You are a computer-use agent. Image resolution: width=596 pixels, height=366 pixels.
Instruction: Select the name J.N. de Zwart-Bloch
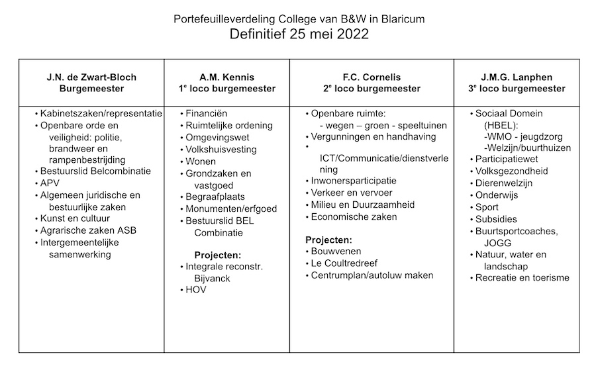91,77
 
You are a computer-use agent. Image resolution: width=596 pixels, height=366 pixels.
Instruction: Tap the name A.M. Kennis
227,77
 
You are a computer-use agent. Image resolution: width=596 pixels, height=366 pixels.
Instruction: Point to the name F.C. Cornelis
372,77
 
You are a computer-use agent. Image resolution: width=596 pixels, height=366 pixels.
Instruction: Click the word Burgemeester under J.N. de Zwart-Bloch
91,89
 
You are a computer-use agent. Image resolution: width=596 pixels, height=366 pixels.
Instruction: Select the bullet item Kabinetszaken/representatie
101,113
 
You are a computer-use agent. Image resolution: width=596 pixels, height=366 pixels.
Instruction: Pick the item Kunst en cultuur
75,218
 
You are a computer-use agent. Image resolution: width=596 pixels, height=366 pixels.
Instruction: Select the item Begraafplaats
215,197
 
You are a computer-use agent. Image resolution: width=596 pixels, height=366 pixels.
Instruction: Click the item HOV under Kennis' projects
197,290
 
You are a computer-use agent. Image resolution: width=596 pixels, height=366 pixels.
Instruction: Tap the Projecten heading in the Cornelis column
328,240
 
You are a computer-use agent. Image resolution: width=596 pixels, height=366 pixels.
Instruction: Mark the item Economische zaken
354,216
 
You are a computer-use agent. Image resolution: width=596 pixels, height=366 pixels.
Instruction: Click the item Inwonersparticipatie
354,180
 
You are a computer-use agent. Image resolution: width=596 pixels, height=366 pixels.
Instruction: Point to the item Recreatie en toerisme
522,278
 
